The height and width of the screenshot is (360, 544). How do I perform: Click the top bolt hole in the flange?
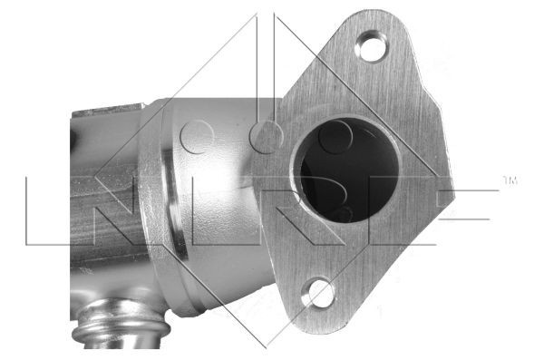(x=372, y=46)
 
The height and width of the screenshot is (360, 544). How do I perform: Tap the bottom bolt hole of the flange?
(x=318, y=293)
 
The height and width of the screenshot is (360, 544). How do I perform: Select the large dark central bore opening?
(x=348, y=170)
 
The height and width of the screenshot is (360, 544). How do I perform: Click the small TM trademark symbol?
(x=510, y=180)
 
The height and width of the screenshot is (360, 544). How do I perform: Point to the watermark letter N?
(x=80, y=210)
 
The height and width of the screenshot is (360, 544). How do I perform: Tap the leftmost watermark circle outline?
(x=197, y=137)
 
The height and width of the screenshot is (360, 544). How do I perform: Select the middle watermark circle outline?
(x=266, y=137)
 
